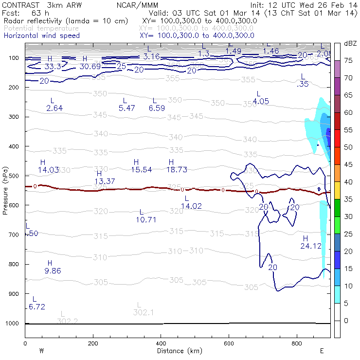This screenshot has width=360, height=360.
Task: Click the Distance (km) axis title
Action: point(177,350)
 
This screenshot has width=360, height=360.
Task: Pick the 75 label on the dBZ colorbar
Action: point(348,60)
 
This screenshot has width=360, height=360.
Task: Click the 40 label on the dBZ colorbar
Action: point(348,181)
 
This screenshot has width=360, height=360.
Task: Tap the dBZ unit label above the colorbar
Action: point(350,43)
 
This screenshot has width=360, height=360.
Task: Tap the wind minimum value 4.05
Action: point(261,101)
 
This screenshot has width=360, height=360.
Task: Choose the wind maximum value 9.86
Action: point(53,270)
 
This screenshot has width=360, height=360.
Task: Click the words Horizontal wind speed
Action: point(41,36)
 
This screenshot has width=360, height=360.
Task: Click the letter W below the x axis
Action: point(41,350)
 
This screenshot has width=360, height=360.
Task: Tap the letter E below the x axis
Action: point(322,350)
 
